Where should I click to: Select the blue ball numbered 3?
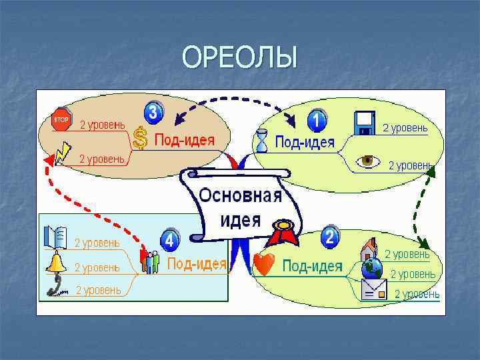pos(154,112)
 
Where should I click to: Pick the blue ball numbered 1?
pos(316,120)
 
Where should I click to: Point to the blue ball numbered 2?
pos(329,237)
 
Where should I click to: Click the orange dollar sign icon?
pos(140,138)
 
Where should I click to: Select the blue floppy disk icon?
pos(365,123)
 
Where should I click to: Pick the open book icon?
pos(55,237)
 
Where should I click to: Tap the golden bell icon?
pos(55,262)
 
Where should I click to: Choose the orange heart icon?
pos(263,265)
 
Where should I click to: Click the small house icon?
pos(368,250)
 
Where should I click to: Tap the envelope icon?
pos(373,290)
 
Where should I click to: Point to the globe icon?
pos(371,269)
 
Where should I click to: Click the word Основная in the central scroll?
pos(241,197)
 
